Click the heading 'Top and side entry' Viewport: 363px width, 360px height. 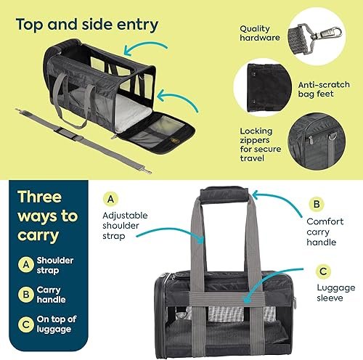click(x=86, y=25)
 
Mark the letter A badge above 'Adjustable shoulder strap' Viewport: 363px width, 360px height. click(x=110, y=198)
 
